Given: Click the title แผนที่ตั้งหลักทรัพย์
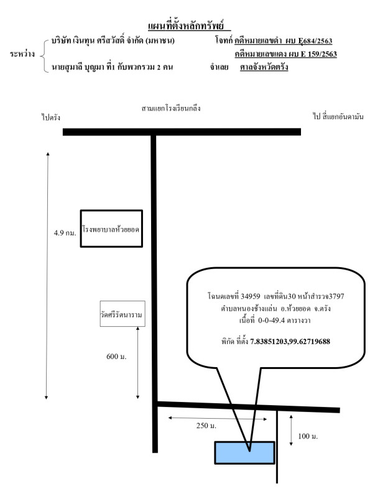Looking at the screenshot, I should [x=188, y=25].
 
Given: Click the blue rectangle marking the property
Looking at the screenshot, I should [x=244, y=452].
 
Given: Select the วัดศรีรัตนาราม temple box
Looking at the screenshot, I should [x=122, y=315].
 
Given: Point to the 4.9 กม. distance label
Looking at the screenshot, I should [x=65, y=234].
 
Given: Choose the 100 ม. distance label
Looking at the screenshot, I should [x=308, y=437].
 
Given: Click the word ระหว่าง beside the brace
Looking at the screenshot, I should [x=22, y=55].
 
